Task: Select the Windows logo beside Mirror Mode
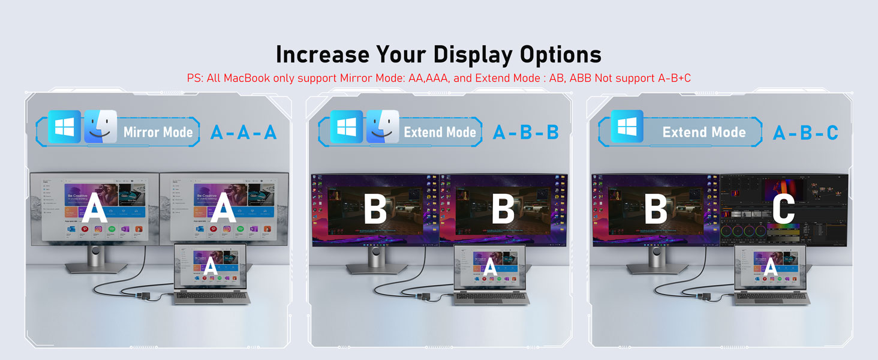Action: (64, 127)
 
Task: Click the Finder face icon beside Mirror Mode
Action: (101, 127)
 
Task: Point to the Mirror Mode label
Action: (158, 133)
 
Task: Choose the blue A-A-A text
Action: (243, 133)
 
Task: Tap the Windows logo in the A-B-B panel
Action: (346, 127)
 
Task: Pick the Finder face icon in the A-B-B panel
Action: (383, 127)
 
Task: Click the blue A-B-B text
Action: (525, 133)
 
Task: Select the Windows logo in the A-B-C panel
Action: (627, 127)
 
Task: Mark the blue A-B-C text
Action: (805, 133)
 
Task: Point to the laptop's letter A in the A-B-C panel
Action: (771, 266)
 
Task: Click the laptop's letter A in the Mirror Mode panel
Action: (211, 266)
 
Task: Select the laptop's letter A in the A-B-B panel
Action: (491, 266)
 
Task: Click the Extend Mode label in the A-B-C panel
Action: (704, 133)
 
